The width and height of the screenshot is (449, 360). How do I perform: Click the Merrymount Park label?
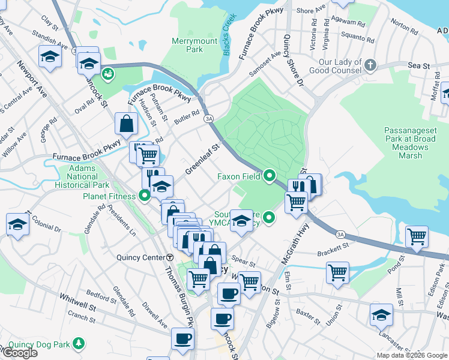187,45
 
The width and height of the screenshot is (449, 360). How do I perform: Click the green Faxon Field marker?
270,176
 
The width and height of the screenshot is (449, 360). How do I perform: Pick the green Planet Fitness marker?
145,195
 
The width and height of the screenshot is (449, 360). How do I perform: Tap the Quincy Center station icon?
170,257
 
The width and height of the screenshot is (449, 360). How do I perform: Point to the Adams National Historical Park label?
82,178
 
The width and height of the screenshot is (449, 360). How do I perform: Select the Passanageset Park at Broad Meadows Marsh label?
411,142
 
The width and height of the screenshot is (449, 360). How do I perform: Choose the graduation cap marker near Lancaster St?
381,314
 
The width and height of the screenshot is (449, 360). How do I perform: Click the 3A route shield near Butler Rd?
208,119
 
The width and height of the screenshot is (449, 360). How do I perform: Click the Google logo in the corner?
19,353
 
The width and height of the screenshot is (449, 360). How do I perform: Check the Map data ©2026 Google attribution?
411,355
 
